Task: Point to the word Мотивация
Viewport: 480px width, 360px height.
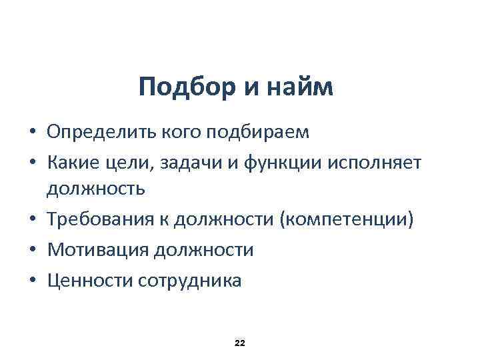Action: [x=98, y=251]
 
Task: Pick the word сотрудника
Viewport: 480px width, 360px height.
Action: [x=190, y=281]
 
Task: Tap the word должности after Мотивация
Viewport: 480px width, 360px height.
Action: [x=204, y=251]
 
